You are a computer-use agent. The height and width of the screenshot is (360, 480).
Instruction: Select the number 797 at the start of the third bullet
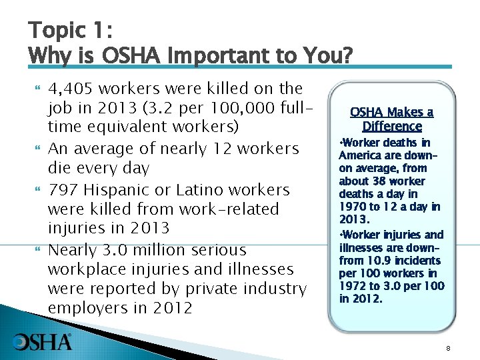62,190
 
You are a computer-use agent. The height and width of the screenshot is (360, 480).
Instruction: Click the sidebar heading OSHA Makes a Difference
392,119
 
